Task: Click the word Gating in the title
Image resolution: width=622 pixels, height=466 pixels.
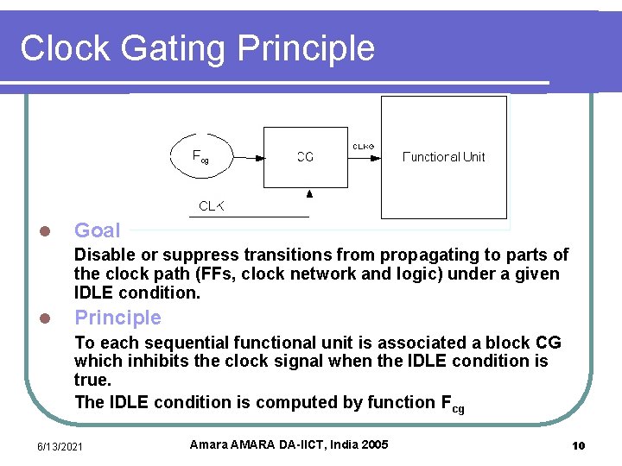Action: click(x=175, y=48)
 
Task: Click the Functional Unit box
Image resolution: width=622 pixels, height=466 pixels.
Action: click(x=444, y=156)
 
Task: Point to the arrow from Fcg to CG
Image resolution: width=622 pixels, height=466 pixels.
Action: click(x=250, y=157)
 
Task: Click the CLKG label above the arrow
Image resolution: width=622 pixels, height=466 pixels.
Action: click(x=363, y=146)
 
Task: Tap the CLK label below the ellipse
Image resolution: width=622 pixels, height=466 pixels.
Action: click(x=212, y=206)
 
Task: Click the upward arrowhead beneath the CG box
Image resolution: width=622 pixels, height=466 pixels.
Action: click(x=309, y=195)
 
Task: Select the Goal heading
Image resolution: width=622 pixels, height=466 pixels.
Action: click(x=98, y=230)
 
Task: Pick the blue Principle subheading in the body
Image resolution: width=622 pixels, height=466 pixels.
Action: click(x=117, y=318)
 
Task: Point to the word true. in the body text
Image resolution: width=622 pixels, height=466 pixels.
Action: click(x=92, y=380)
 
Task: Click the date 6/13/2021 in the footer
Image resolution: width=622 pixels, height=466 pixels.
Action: click(x=60, y=446)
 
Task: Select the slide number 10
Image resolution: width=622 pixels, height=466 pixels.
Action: click(x=579, y=446)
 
